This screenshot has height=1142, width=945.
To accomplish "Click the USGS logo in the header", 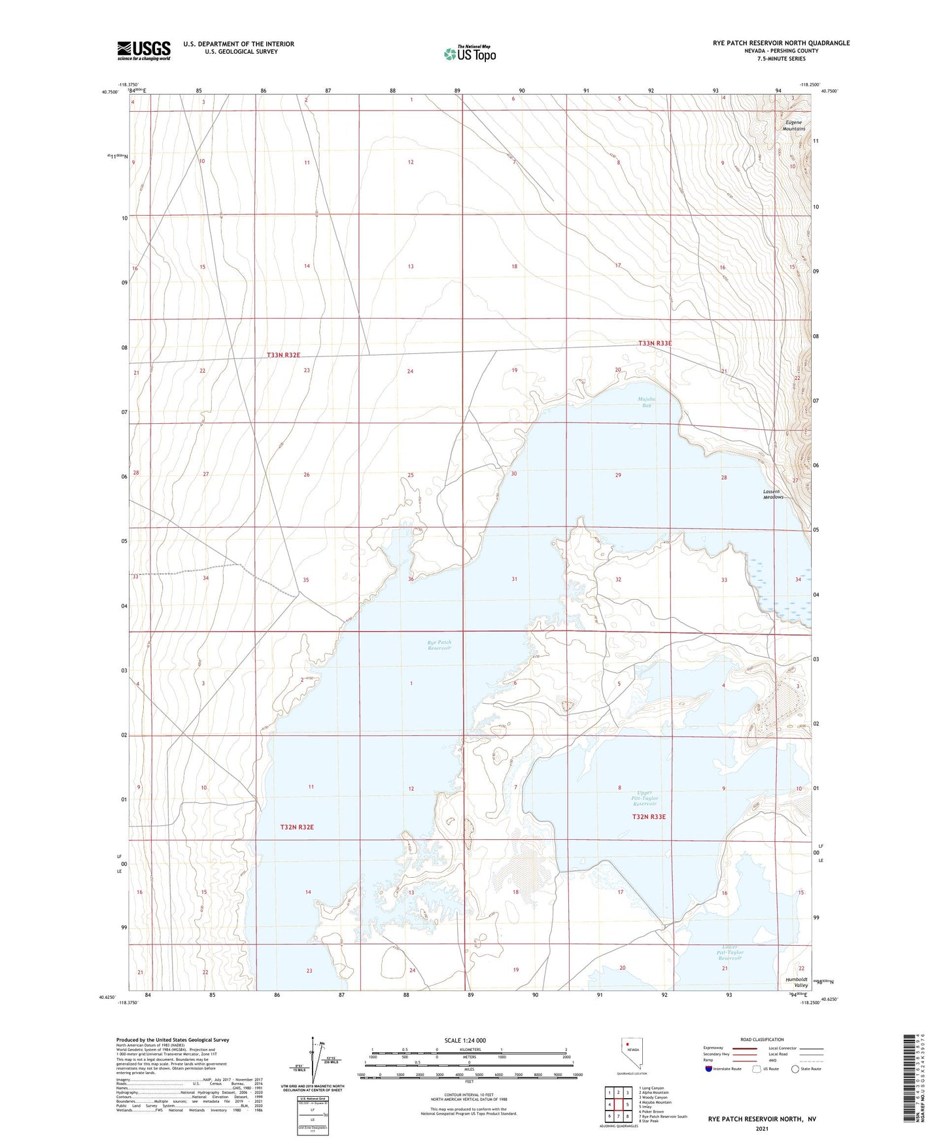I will pyautogui.click(x=144, y=50).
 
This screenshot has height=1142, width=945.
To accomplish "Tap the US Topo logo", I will pyautogui.click(x=469, y=54).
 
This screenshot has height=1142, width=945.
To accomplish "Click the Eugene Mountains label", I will pyautogui.click(x=794, y=126).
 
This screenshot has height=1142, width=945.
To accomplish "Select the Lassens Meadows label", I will pyautogui.click(x=773, y=494).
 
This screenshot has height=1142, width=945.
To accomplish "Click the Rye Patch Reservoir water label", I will pyautogui.click(x=439, y=645).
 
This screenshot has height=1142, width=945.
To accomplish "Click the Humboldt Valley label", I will pyautogui.click(x=796, y=982).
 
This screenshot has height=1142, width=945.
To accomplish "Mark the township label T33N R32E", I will pyautogui.click(x=283, y=355).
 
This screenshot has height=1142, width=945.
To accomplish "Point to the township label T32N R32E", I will pyautogui.click(x=297, y=827).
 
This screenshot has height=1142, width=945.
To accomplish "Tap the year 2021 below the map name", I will pyautogui.click(x=761, y=1128).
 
